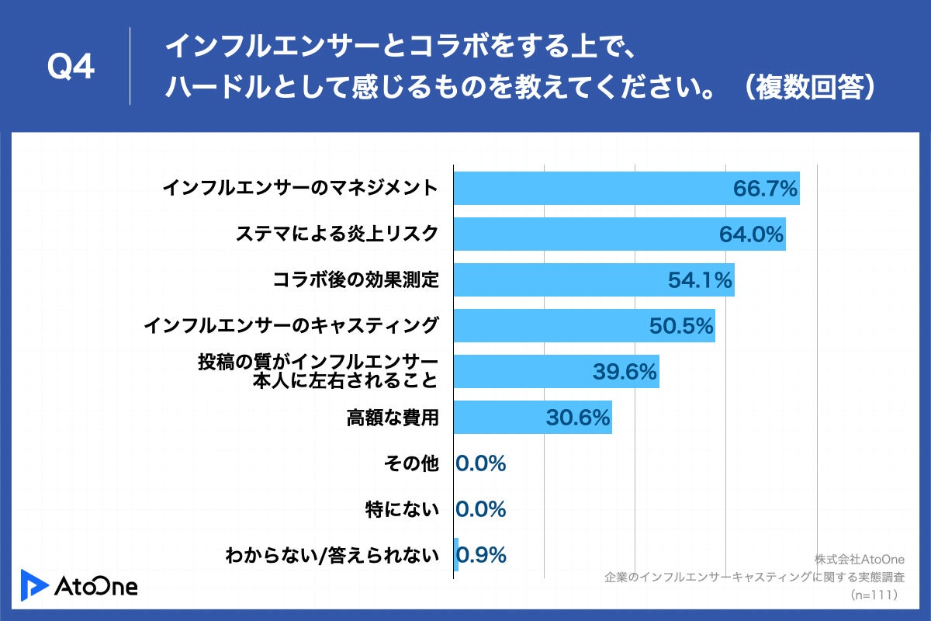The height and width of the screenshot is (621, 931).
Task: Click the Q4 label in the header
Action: [x=71, y=68]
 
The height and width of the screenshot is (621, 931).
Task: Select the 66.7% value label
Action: [x=766, y=189]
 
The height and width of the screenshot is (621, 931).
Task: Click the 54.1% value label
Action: [x=700, y=280]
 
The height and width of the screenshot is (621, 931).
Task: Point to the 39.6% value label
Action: [x=625, y=372]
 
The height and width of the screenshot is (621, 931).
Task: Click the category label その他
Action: [x=411, y=464]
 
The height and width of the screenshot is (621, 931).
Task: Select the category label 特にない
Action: [x=402, y=510]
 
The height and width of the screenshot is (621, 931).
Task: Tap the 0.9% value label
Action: [x=483, y=555]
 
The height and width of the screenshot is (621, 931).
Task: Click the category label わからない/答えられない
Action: [x=331, y=556]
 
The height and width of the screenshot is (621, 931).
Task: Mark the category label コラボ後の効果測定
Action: [x=356, y=280]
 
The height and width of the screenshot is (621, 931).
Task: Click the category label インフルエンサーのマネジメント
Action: [x=300, y=189]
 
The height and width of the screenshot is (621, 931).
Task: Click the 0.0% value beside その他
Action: [x=481, y=464]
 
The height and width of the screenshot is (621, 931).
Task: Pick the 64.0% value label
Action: [x=752, y=234]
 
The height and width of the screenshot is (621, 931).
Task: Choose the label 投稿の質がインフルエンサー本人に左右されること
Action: [x=318, y=372]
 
